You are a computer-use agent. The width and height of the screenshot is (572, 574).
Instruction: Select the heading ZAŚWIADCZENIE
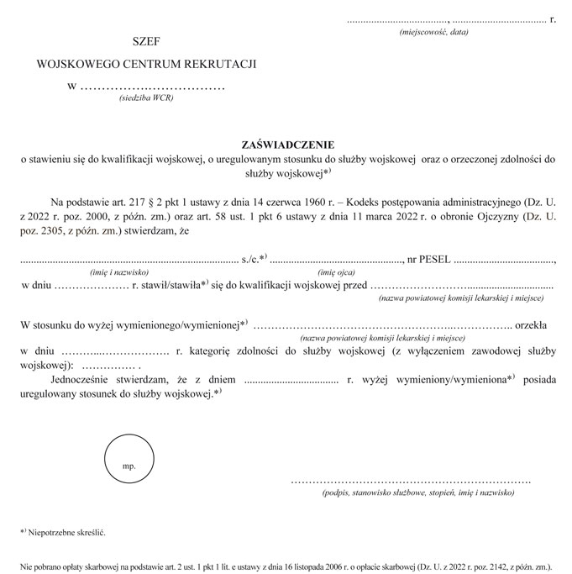[286, 143]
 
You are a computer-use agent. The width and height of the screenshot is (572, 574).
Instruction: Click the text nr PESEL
[428, 259]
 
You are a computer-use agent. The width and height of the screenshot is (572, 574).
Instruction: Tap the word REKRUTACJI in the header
[221, 64]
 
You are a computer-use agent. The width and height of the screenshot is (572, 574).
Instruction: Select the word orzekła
[532, 324]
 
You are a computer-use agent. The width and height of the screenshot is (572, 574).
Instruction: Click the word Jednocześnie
[87, 380]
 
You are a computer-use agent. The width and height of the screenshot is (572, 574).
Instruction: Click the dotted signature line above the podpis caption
[411, 481]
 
